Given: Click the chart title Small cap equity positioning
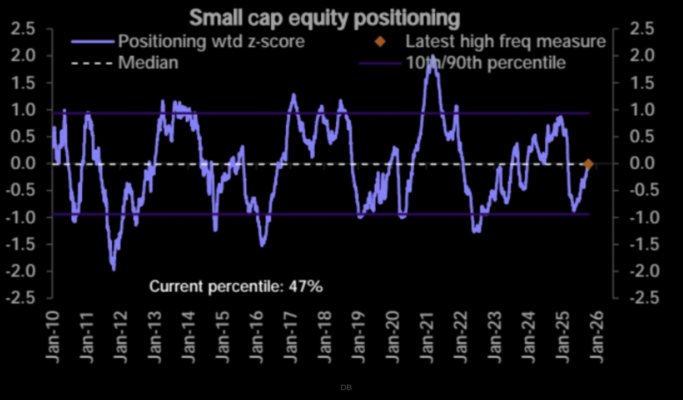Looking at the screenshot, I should coord(325,18).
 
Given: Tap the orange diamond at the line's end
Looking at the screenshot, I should coord(588,164).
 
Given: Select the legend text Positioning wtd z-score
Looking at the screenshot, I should coord(211,41).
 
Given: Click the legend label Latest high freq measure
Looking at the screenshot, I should coord(506,41).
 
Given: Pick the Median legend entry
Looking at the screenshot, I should coord(148,63).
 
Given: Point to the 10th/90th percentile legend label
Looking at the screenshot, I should coord(485,63).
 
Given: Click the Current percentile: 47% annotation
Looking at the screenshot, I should coord(236,287).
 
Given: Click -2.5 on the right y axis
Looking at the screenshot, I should coord(643,298).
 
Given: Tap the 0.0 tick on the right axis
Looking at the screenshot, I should coord(643,164).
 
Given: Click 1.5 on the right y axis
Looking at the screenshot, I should coord(643,84).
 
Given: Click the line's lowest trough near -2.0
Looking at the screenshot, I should coord(114,270).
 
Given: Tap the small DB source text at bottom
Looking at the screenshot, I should coord(346,387).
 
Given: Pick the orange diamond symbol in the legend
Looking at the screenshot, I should coord(380,41).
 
